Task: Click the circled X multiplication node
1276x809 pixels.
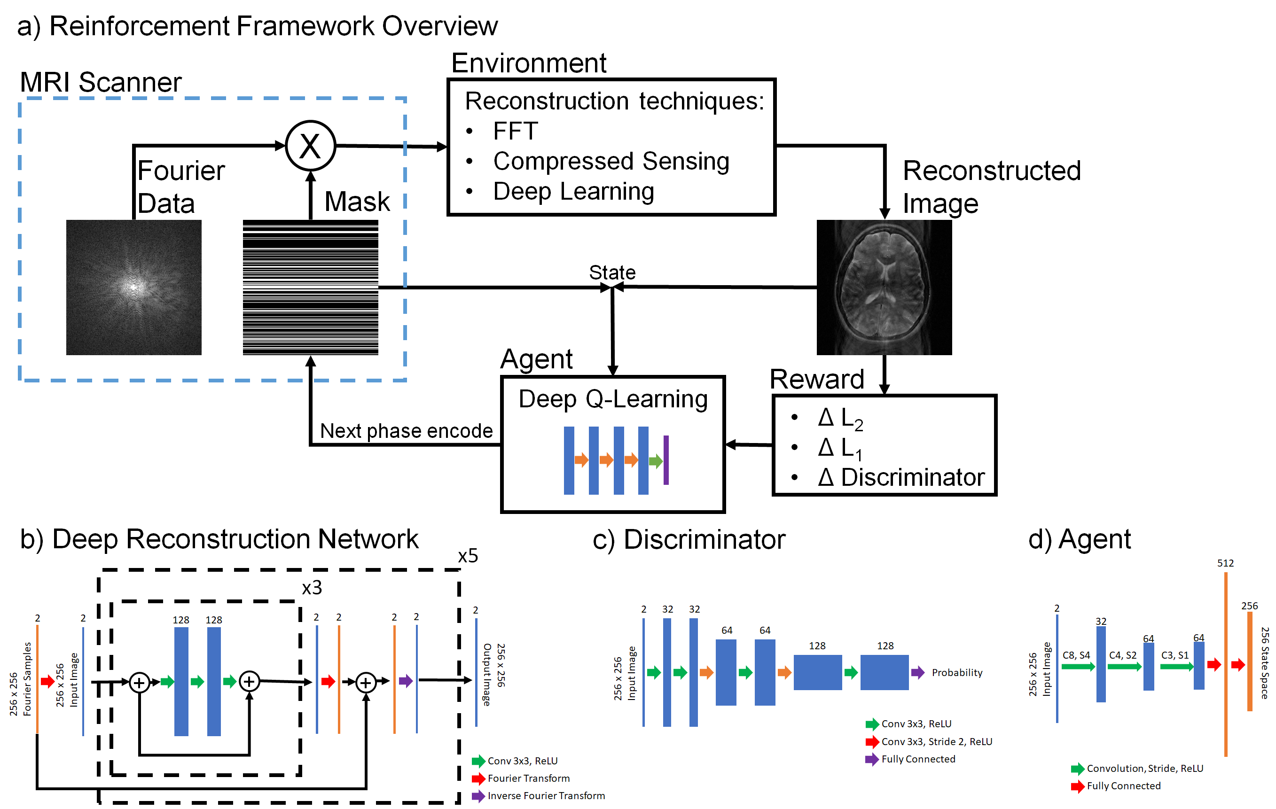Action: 311,146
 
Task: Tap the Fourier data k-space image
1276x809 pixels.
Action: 133,287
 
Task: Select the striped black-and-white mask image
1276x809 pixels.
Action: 311,287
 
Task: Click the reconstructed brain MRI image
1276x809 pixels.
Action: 884,287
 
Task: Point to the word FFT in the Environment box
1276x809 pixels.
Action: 515,131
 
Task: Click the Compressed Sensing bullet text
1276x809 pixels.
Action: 611,161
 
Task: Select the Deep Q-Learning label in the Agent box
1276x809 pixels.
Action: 612,399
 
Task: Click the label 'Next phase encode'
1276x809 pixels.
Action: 406,431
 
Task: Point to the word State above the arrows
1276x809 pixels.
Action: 612,272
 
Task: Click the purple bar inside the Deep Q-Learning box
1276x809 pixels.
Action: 666,460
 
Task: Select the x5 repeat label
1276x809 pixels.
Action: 468,556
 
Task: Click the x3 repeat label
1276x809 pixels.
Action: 312,588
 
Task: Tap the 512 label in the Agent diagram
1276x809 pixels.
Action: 1225,563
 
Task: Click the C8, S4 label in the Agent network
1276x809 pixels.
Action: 1076,655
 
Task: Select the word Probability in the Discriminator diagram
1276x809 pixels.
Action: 957,672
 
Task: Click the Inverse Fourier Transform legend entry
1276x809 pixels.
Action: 546,796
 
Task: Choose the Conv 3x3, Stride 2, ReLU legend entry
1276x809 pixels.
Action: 936,742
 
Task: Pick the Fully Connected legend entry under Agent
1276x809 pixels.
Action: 1123,786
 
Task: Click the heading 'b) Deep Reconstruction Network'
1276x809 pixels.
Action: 219,539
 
